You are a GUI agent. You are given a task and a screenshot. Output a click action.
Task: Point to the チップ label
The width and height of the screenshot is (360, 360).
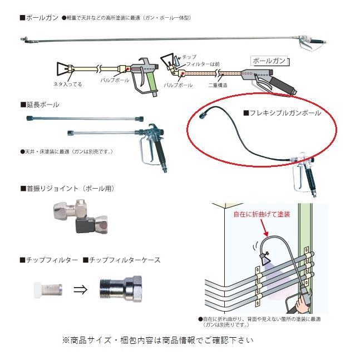pyautogui.click(x=190, y=57)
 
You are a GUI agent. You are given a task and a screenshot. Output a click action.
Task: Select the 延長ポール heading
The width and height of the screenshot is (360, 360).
pyautogui.click(x=42, y=104)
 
